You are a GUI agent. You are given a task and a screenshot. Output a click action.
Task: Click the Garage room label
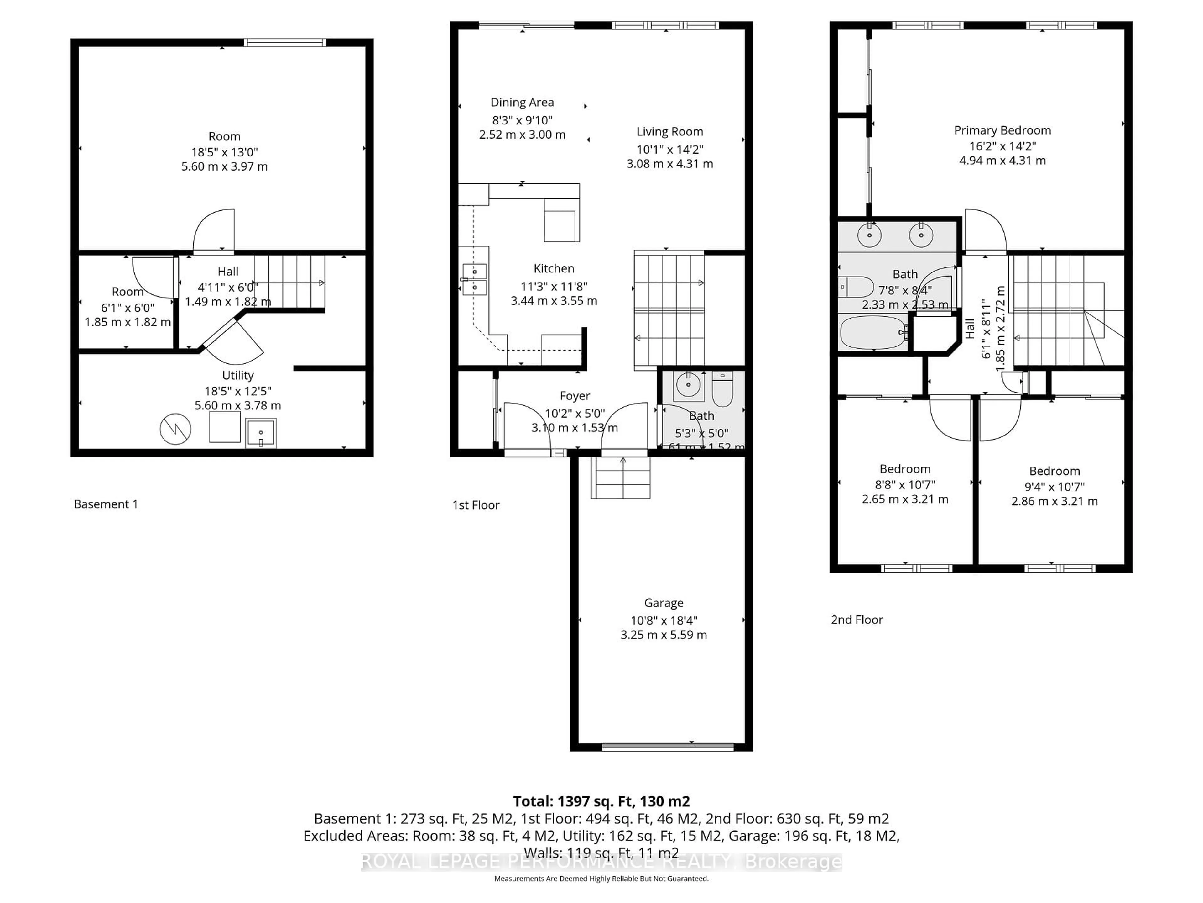[664, 603]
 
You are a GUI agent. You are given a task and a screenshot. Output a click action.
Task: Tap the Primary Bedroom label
[1002, 130]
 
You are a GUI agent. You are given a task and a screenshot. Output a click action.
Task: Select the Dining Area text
[522, 102]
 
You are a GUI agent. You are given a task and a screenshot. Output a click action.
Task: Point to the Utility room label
[238, 375]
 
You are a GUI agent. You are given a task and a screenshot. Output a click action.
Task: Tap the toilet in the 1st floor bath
[722, 390]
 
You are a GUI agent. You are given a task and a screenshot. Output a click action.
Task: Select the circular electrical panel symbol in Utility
[175, 429]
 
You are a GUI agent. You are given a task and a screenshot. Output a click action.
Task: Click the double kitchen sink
[474, 279]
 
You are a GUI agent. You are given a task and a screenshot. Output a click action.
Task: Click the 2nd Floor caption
[857, 620]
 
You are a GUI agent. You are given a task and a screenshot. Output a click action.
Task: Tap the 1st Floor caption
[476, 505]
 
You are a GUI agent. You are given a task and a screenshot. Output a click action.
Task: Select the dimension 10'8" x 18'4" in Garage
[664, 620]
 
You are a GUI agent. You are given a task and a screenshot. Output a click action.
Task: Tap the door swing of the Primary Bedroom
[984, 231]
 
